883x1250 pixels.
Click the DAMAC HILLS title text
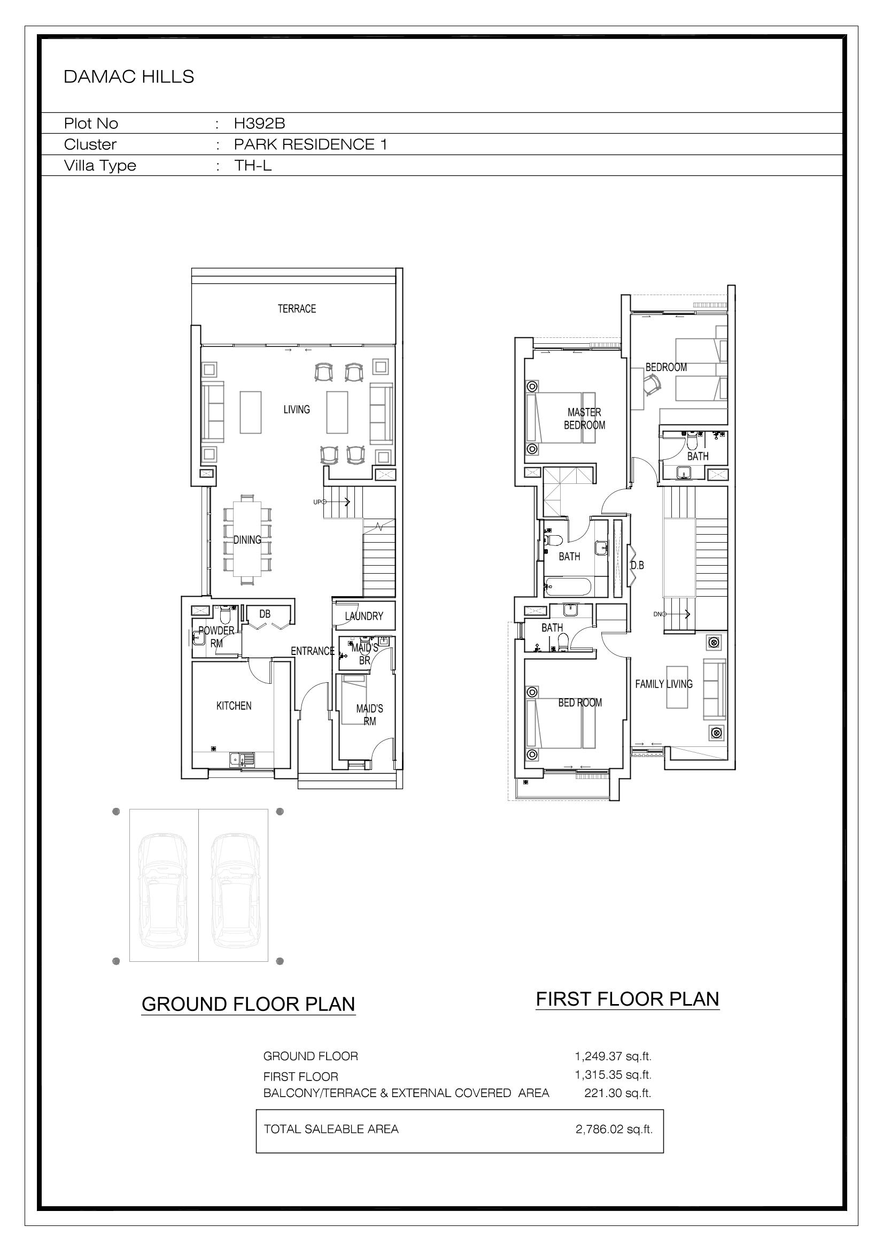(128, 77)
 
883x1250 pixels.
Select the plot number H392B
(259, 124)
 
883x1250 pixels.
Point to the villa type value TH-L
(253, 166)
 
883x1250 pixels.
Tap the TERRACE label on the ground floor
(297, 308)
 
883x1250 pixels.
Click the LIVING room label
(297, 410)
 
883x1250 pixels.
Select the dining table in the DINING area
(247, 539)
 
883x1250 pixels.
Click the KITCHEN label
(234, 706)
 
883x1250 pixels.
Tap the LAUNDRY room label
(364, 616)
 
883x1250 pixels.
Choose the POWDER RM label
(216, 636)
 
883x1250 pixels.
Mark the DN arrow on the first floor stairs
(672, 614)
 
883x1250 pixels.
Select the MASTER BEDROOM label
(585, 419)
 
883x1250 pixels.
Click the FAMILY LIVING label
(664, 684)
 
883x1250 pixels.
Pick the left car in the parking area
(164, 890)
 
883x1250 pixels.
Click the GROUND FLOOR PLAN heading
(248, 1004)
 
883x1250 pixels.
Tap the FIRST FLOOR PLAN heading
(628, 999)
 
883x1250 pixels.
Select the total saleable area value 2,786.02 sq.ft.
(614, 1129)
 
